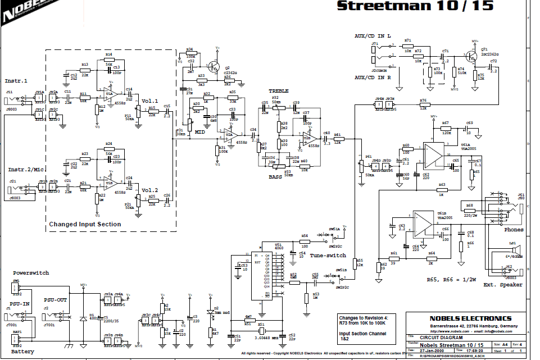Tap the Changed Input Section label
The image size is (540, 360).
click(85, 224)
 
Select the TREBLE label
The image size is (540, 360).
click(279, 91)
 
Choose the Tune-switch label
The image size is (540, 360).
click(313, 255)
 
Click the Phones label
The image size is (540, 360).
click(514, 230)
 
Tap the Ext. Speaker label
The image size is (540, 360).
click(502, 285)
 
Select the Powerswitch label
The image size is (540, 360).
click(31, 273)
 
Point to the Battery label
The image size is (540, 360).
click(22, 352)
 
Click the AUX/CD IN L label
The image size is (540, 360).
click(373, 35)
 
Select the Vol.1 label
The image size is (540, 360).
click(150, 101)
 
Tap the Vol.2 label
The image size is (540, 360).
click(150, 190)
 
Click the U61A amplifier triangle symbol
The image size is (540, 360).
click(433, 152)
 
